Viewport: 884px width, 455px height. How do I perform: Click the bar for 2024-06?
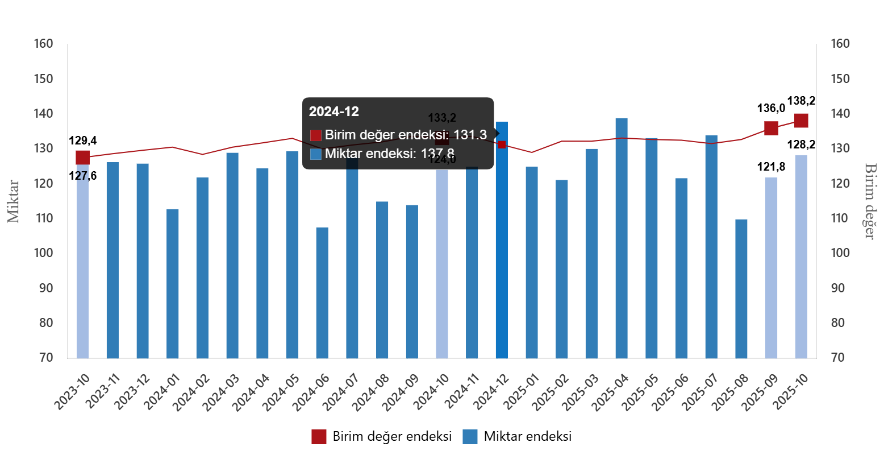pos(322,293)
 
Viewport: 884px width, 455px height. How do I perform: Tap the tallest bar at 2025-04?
pos(622,239)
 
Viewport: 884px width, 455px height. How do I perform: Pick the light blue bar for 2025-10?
pos(801,256)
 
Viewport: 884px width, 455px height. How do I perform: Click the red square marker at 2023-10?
pos(82,158)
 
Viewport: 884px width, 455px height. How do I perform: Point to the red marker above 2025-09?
pos(771,128)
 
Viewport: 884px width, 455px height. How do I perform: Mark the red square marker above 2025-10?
pos(801,121)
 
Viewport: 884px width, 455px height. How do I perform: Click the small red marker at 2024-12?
pos(502,144)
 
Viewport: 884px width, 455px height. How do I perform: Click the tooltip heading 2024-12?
pos(333,111)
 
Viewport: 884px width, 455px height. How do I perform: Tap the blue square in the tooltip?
pos(316,154)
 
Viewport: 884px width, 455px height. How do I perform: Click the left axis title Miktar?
pos(14,201)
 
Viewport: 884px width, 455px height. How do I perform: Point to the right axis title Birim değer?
pos(869,201)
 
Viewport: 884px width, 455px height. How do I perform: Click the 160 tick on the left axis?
pos(43,43)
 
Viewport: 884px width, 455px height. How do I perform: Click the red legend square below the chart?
pos(319,436)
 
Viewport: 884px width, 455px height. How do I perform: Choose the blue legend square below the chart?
pos(470,436)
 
